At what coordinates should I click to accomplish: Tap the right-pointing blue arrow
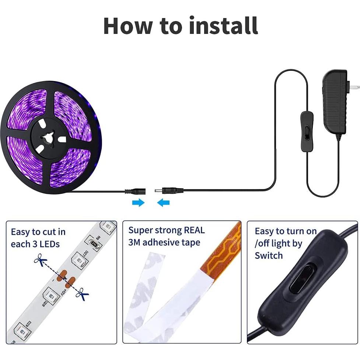coord(139,203)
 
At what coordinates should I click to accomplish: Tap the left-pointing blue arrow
coord(163,203)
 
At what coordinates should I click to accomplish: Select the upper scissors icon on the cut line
coord(41,260)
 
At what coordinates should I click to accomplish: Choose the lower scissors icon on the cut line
coord(82,294)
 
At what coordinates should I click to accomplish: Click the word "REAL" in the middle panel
coord(194,230)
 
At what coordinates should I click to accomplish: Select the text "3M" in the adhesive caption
coord(134,242)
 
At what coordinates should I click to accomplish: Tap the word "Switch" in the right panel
coord(269,255)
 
